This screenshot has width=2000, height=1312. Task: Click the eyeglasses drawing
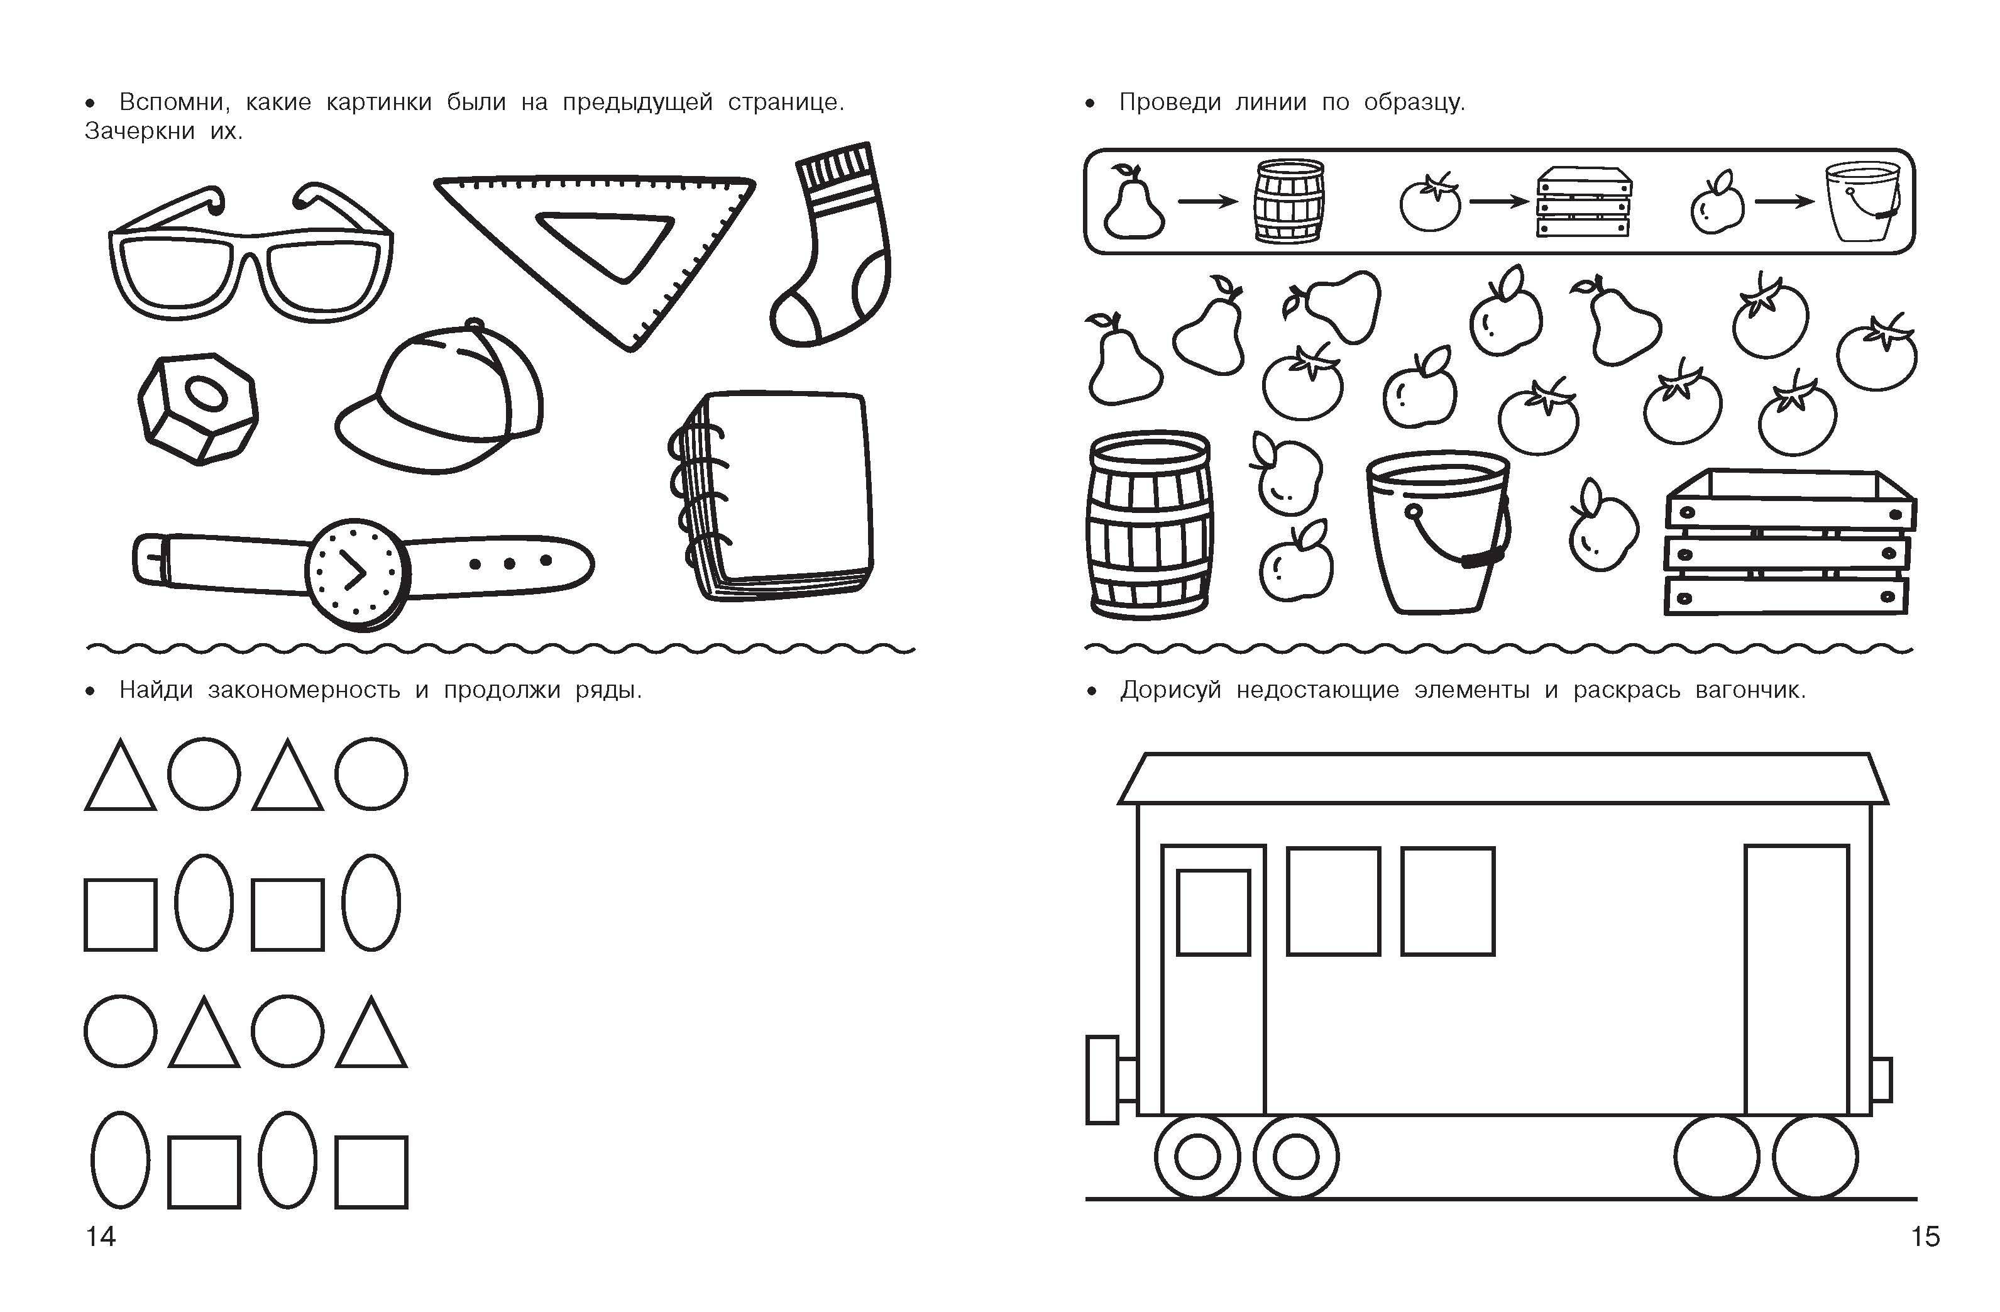click(x=250, y=252)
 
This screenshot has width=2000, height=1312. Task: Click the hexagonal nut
click(x=197, y=407)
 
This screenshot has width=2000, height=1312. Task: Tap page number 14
click(x=101, y=1237)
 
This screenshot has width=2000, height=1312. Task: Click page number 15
click(x=1925, y=1237)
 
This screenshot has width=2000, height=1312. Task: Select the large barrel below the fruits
click(x=1150, y=526)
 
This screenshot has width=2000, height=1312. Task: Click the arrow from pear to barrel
click(x=1207, y=202)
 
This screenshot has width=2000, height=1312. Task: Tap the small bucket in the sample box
click(x=1863, y=202)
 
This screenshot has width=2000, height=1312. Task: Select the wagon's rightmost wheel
click(x=1815, y=1157)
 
